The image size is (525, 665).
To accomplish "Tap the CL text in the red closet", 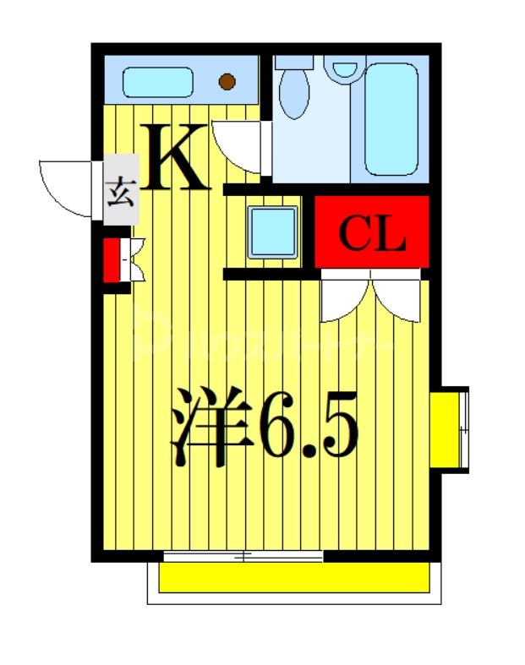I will (372, 235).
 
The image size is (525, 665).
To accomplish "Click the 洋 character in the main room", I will (211, 428).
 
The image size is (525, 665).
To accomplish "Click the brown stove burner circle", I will (227, 82).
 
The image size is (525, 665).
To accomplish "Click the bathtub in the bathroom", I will (391, 118).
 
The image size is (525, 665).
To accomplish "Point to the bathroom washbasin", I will (344, 68).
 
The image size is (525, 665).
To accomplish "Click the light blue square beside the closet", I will (272, 231).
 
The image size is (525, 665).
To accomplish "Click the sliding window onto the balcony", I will (243, 556).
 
